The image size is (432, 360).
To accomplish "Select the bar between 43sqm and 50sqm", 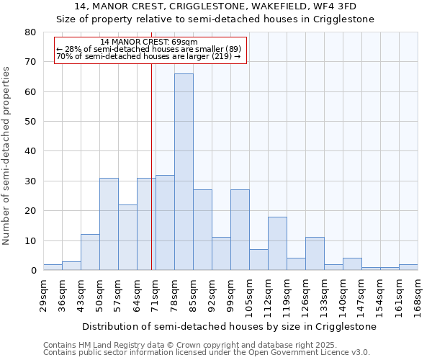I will [90, 252].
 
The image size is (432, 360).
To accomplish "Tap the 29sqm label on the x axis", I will [43, 295].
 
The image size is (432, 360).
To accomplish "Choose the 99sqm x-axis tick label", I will [230, 295].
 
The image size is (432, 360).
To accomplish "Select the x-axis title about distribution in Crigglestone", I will [229, 326].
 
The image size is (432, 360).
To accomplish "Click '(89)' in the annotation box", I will [233, 49].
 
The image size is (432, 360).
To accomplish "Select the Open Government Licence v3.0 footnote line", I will [206, 352].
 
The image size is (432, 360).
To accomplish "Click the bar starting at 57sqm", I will [127, 238].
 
